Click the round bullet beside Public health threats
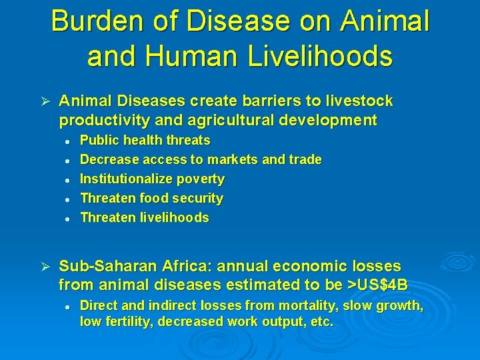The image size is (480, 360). tap(68, 141)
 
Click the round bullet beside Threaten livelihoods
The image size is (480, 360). tap(68, 218)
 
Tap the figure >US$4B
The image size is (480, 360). tap(378, 285)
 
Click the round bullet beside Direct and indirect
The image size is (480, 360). tap(68, 307)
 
